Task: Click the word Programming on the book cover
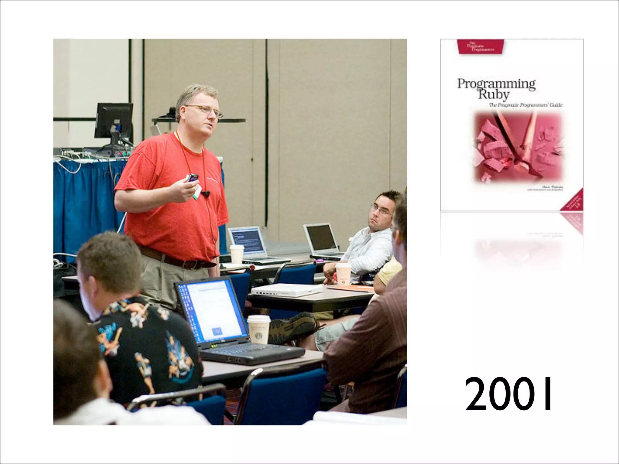pyautogui.click(x=496, y=84)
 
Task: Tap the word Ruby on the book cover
pyautogui.click(x=493, y=94)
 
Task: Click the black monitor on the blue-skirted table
pyautogui.click(x=114, y=121)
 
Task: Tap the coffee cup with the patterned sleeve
pyautogui.click(x=344, y=274)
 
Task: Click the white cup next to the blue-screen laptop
pyautogui.click(x=237, y=254)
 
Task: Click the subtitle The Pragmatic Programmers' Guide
pyautogui.click(x=526, y=105)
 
